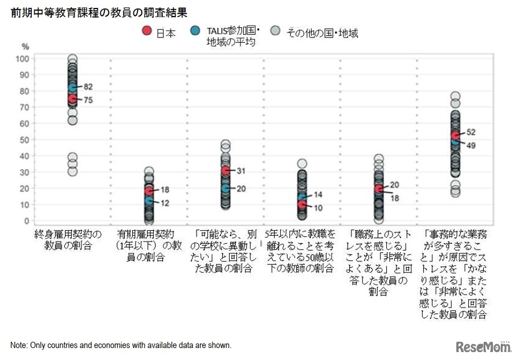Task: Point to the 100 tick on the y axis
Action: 22,59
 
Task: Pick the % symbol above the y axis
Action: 25,46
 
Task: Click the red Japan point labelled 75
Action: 72,99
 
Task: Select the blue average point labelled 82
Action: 72,88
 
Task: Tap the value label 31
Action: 240,170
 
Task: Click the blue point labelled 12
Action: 149,201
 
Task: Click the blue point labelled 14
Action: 302,198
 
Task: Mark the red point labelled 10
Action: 302,204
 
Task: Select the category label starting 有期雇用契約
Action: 149,246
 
